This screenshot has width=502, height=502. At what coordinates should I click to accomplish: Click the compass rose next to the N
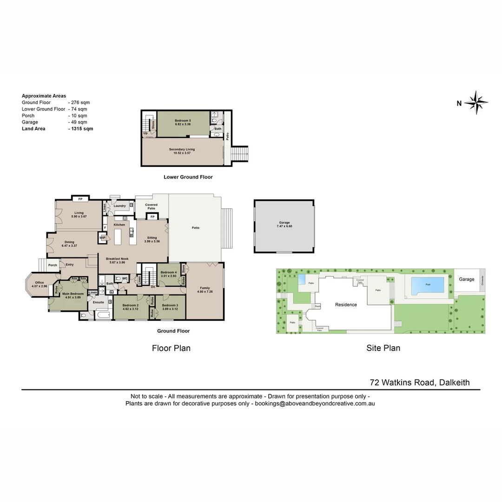point(476,103)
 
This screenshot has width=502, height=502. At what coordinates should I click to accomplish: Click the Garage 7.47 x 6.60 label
point(284,225)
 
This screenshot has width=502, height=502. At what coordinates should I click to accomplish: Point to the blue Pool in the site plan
point(427,284)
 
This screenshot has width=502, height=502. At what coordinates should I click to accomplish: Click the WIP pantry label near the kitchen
point(103,238)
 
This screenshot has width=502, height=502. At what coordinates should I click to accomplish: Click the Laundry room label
point(119,205)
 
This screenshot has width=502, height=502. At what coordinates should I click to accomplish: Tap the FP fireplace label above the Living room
point(80,199)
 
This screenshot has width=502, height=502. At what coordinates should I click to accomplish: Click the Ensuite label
point(99,302)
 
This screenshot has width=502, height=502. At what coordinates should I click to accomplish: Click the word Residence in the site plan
point(346,305)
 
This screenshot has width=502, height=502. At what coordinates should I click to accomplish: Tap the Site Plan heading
point(383,348)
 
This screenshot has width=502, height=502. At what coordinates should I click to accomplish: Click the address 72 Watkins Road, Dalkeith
point(420,383)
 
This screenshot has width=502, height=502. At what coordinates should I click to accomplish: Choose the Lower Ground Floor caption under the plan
point(188,177)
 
